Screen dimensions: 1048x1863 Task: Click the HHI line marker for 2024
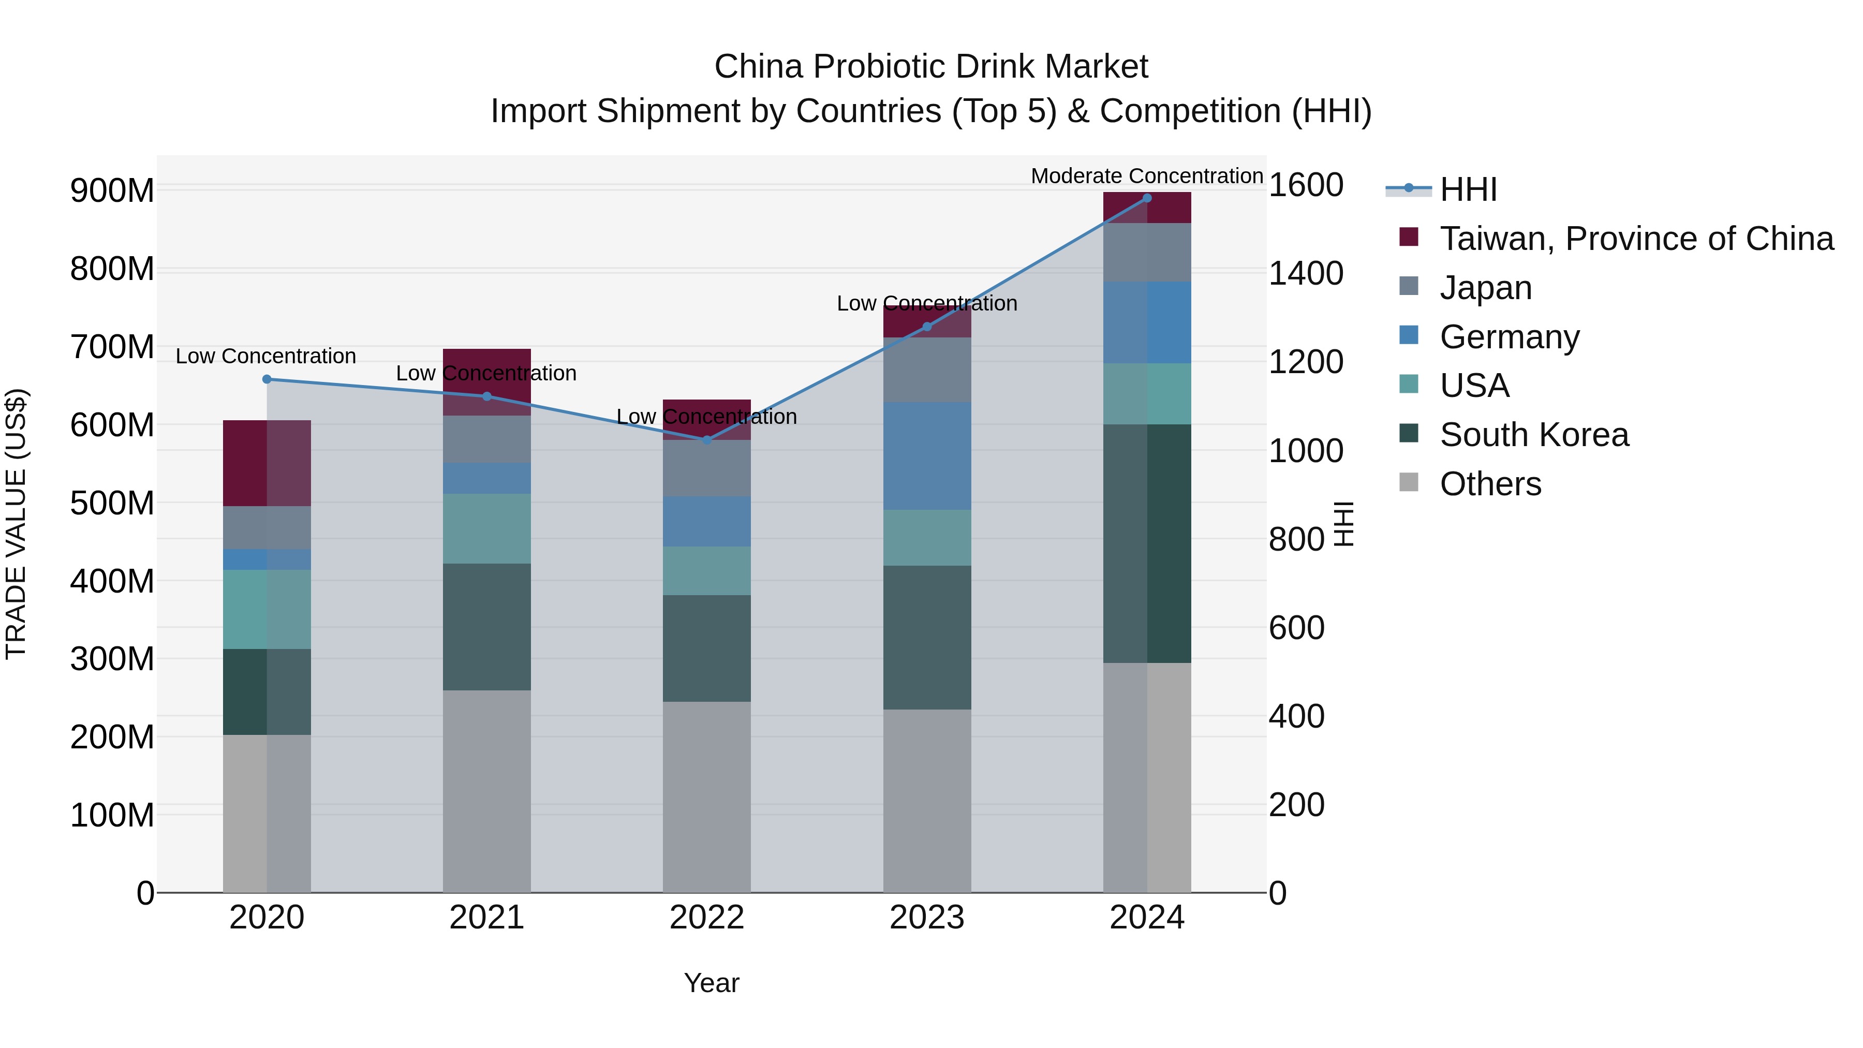[1146, 198]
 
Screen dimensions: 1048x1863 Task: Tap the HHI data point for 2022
[706, 440]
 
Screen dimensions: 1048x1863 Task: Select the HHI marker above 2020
[267, 379]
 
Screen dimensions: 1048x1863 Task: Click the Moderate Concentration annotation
[1146, 176]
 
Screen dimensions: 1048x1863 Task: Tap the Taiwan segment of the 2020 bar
[267, 463]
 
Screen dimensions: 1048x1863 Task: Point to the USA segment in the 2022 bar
[706, 571]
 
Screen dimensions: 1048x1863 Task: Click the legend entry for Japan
[1485, 288]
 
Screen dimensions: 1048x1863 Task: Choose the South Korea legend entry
[1533, 435]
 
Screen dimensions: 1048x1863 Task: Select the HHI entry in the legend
[1468, 189]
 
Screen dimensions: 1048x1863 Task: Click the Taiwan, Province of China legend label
[1636, 239]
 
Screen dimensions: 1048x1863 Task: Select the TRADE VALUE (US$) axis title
[17, 524]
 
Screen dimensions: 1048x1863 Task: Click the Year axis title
[711, 983]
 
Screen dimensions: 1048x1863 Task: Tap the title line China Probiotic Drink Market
[931, 67]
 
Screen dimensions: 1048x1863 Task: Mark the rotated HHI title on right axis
[1343, 524]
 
